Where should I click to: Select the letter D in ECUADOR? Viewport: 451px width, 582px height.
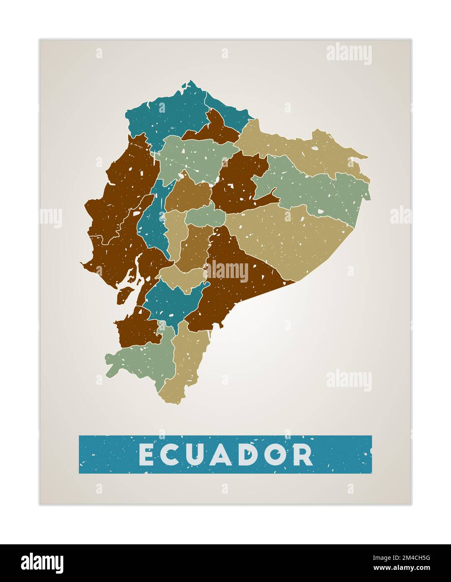251,454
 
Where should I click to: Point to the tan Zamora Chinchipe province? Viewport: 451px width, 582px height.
189,360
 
